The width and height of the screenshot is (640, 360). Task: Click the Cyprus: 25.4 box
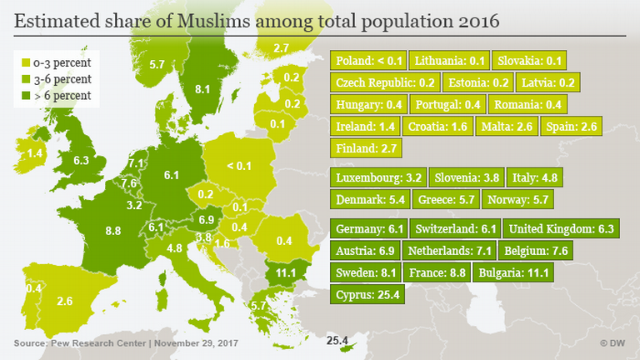pyautogui.click(x=367, y=294)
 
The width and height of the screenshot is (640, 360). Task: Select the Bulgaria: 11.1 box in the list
pyautogui.click(x=512, y=272)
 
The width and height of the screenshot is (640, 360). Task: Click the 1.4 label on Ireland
pyautogui.click(x=34, y=154)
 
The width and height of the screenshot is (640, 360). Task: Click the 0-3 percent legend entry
pyautogui.click(x=61, y=62)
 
